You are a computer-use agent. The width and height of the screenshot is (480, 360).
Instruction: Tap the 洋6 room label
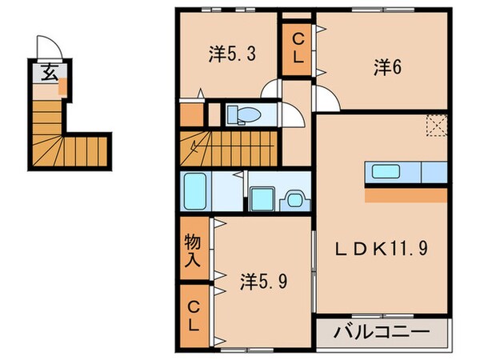(386, 69)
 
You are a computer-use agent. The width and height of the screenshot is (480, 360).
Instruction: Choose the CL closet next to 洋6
(298, 47)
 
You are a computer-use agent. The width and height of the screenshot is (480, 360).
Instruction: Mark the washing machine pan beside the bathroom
(261, 196)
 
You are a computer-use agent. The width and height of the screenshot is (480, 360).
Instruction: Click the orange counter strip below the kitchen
(406, 194)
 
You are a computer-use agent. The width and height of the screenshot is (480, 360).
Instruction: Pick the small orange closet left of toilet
(191, 115)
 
